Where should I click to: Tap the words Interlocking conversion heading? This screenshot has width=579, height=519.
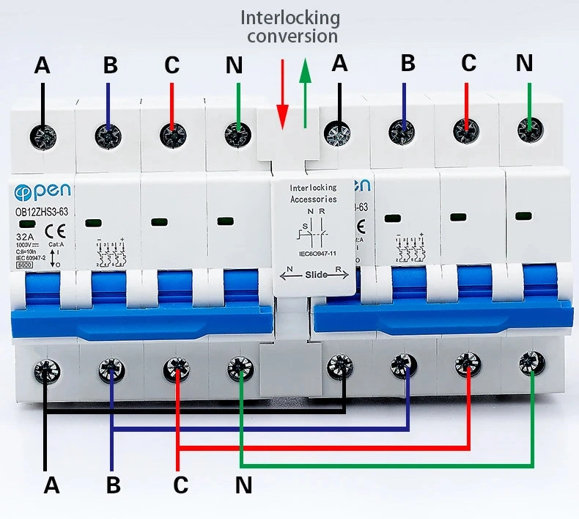click(291, 26)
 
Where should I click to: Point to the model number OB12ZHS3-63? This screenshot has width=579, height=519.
click(42, 212)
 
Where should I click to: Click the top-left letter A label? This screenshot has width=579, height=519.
click(43, 66)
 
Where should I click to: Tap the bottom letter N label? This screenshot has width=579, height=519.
click(244, 485)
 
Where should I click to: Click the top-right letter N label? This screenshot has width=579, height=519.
click(524, 63)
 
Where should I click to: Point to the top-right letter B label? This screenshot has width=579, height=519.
click(407, 63)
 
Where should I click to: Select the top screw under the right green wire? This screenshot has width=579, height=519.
click(528, 128)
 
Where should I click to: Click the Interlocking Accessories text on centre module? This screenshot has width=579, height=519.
click(313, 193)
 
